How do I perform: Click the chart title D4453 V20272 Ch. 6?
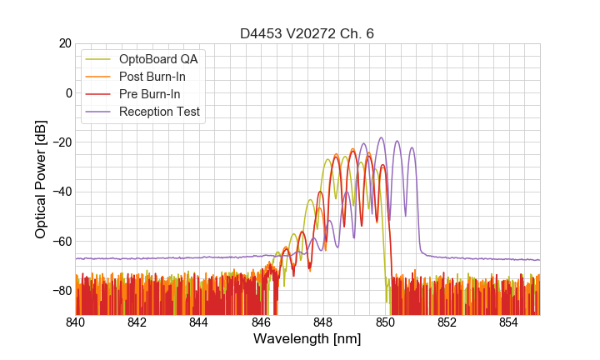pos(307,34)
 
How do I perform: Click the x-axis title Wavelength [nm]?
pos(307,339)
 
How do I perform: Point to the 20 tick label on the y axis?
pos(64,43)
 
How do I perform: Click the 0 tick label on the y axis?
pos(67,92)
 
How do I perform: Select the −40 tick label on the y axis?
pos(60,192)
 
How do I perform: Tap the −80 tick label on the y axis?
pos(60,291)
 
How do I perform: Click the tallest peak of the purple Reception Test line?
pos(381,138)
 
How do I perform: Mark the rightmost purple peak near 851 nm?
pos(412,148)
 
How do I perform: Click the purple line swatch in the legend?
pos(99,112)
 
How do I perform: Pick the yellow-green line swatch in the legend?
pos(99,59)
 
